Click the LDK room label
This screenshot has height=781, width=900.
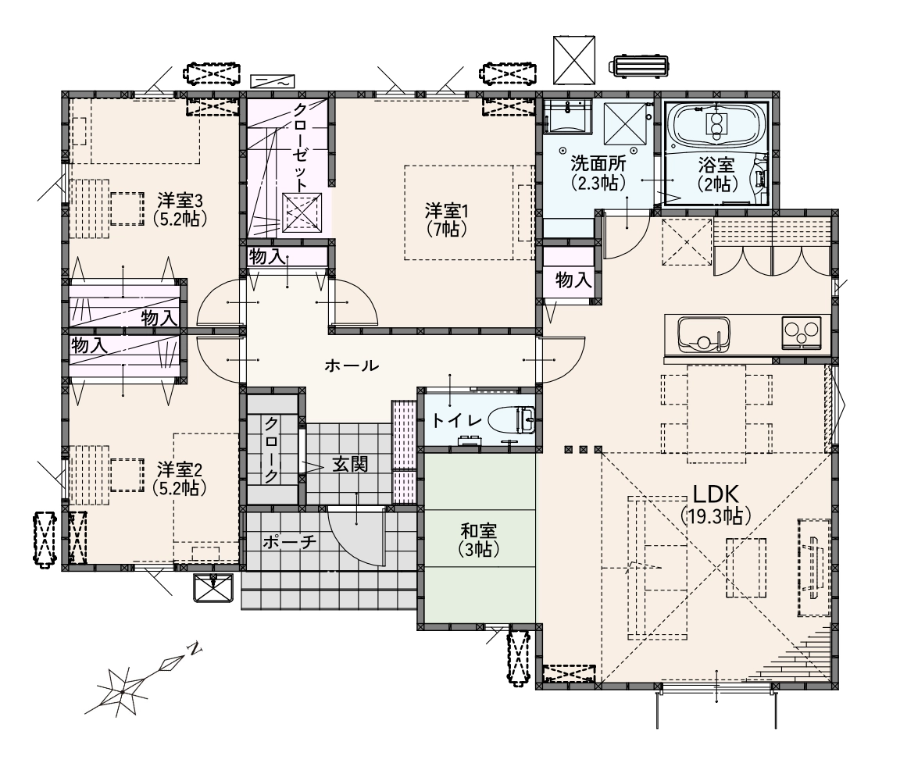pyautogui.click(x=715, y=494)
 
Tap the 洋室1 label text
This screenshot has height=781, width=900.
pyautogui.click(x=447, y=211)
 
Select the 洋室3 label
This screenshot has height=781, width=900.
pyautogui.click(x=180, y=201)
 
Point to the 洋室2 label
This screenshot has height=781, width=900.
pyautogui.click(x=180, y=470)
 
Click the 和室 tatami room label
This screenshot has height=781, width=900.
pyautogui.click(x=479, y=531)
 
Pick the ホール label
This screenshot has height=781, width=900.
pyautogui.click(x=352, y=366)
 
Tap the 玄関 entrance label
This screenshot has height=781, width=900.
pyautogui.click(x=350, y=464)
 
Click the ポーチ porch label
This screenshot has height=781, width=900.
pyautogui.click(x=289, y=542)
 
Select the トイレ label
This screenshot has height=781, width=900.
pyautogui.click(x=456, y=421)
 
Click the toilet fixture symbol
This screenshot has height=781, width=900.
pyautogui.click(x=512, y=420)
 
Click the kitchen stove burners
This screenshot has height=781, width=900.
pyautogui.click(x=802, y=332)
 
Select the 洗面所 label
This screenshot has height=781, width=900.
pyautogui.click(x=598, y=163)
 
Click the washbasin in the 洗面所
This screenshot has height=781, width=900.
pyautogui.click(x=567, y=116)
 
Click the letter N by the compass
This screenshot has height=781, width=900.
pyautogui.click(x=195, y=650)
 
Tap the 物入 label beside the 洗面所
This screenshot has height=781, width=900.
pyautogui.click(x=573, y=280)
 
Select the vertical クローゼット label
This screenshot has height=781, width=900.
pyautogui.click(x=301, y=147)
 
